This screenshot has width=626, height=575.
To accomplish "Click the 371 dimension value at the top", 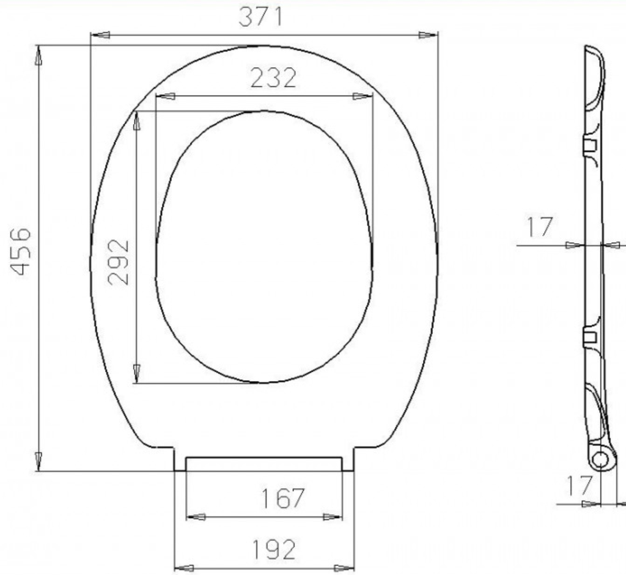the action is (x=260, y=17).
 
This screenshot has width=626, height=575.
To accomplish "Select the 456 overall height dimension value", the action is (x=20, y=252).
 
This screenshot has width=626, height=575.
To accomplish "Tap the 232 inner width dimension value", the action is (x=273, y=78).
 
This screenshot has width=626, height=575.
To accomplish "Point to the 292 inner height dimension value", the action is (x=119, y=262).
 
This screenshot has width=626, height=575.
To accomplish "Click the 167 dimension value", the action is (x=282, y=499).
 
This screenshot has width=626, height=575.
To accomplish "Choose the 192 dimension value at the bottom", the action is (x=274, y=549).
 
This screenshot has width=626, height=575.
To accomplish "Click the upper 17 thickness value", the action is (x=540, y=227).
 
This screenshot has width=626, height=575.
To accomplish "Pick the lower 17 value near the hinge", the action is (x=578, y=486).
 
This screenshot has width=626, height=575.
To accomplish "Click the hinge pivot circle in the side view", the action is (x=600, y=460).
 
